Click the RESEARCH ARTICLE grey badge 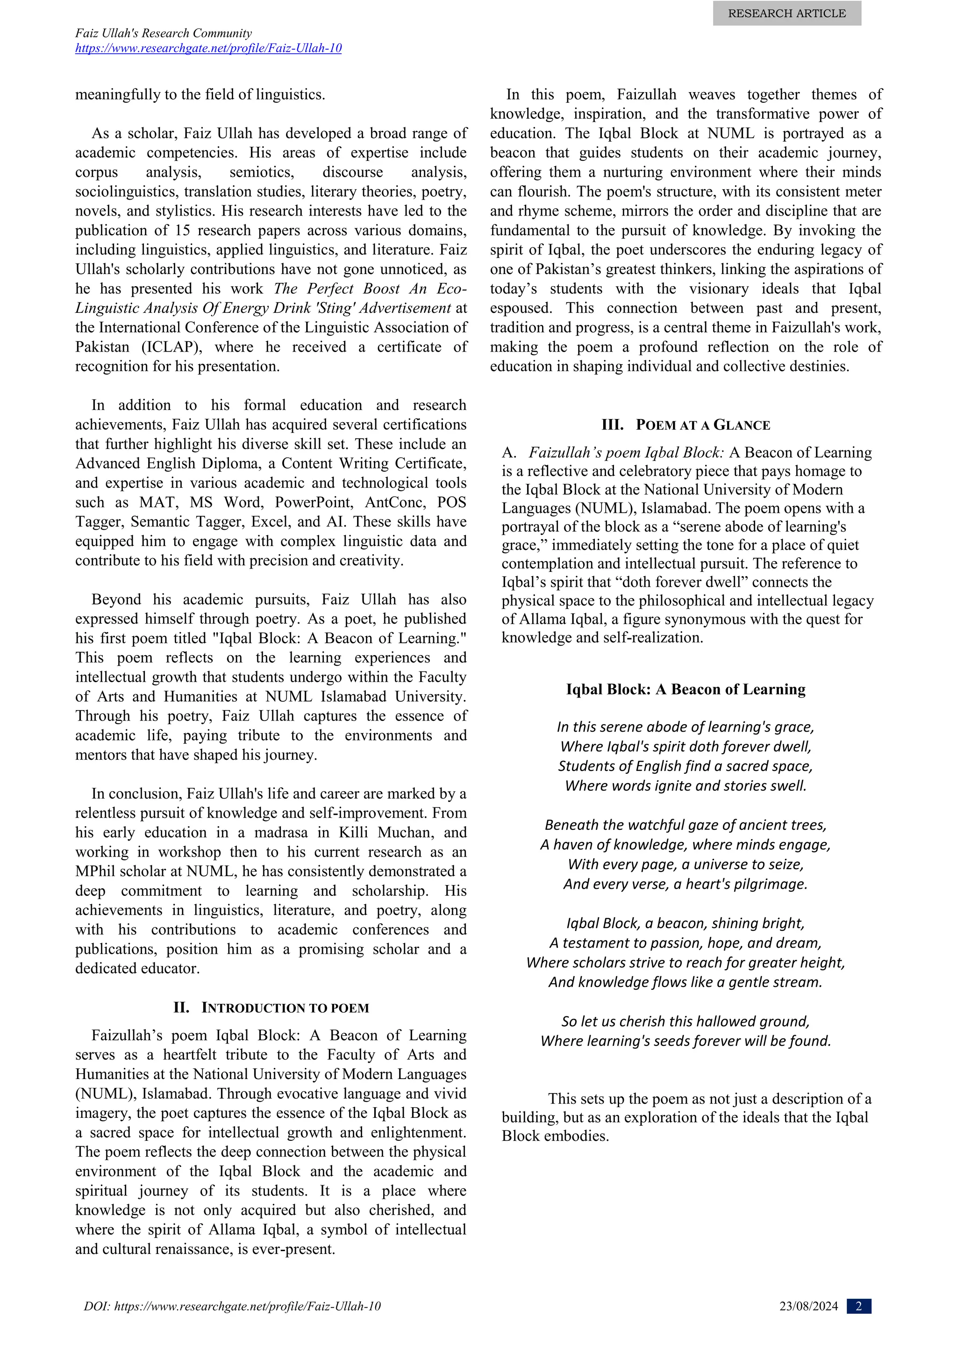[x=787, y=14]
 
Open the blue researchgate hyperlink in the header [x=208, y=48]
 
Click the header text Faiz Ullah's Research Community [x=163, y=33]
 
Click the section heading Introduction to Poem [x=271, y=1008]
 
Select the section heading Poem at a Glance [x=686, y=425]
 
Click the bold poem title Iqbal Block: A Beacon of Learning [x=686, y=689]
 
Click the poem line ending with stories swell [x=686, y=785]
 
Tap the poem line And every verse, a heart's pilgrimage [x=686, y=884]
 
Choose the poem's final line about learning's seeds [x=686, y=1041]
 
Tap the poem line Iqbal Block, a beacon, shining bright [x=686, y=923]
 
